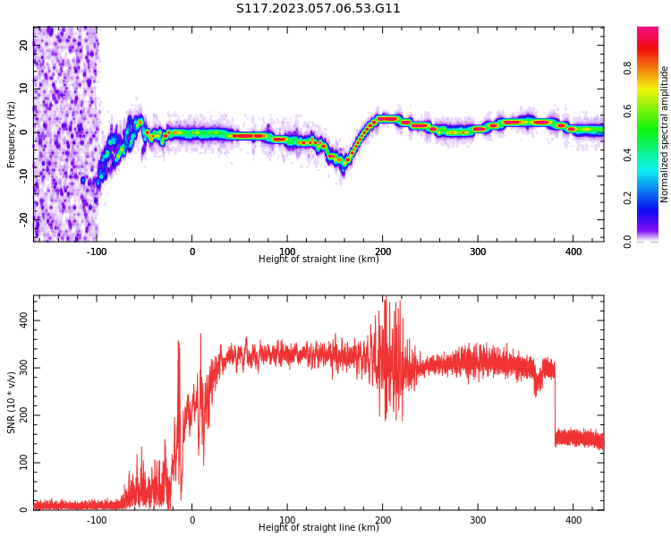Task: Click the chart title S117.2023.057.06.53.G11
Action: click(x=318, y=8)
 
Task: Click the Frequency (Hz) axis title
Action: click(x=11, y=134)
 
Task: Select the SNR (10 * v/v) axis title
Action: click(x=11, y=403)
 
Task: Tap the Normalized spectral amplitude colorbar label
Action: click(x=664, y=134)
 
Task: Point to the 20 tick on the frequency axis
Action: click(x=24, y=45)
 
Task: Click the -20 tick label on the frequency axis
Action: click(x=24, y=220)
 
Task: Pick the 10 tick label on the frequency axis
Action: click(x=24, y=89)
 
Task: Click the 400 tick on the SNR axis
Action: click(x=24, y=320)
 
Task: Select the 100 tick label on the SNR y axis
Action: click(x=24, y=463)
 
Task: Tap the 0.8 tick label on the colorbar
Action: click(x=627, y=68)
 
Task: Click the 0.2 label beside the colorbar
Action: click(x=627, y=198)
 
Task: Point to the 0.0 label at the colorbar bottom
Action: click(x=627, y=242)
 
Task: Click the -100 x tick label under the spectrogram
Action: click(x=97, y=251)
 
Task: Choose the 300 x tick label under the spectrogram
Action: click(x=478, y=251)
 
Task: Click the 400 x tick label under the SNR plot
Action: click(x=573, y=520)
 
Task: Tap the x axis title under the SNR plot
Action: click(x=319, y=527)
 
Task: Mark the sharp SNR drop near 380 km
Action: click(x=555, y=403)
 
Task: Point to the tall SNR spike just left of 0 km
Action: click(x=178, y=386)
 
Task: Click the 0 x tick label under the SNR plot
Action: click(x=192, y=520)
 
